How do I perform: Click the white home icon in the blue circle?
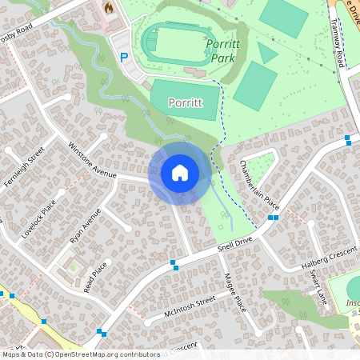180,172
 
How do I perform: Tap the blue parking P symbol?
123,57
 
